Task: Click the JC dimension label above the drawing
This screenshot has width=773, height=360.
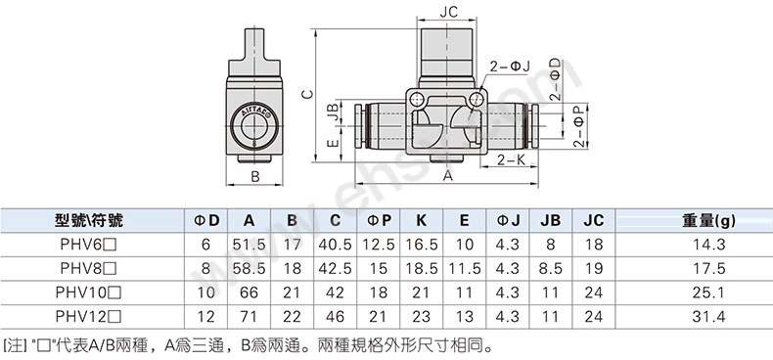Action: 448,12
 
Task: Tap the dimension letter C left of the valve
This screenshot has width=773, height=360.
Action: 307,93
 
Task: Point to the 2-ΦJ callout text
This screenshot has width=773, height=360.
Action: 509,67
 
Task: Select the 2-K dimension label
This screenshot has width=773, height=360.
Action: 510,159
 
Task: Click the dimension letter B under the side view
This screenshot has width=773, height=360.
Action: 254,176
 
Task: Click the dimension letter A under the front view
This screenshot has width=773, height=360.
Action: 447,175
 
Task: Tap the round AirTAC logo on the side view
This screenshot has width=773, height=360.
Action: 254,127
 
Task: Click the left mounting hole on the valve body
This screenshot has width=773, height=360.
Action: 417,100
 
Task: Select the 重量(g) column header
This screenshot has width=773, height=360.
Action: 708,220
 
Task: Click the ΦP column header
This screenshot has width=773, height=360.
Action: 379,220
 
